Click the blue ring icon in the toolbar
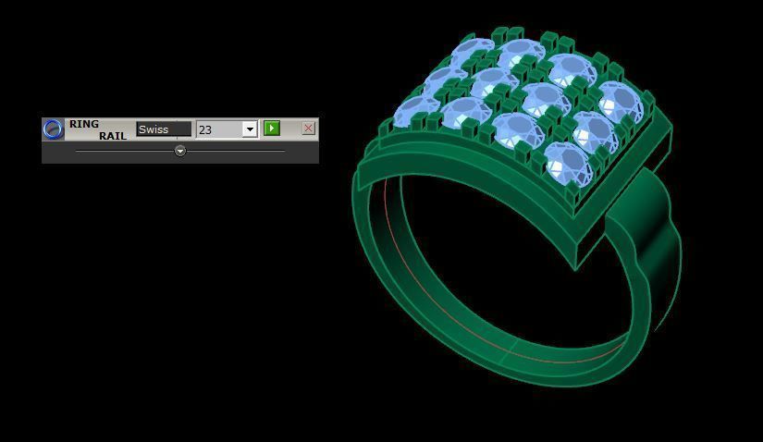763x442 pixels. click(x=53, y=129)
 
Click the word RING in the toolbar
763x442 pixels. click(x=84, y=124)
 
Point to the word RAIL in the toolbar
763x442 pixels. click(x=113, y=136)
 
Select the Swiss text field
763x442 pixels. click(x=164, y=129)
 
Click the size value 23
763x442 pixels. click(x=219, y=129)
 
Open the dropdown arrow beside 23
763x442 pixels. click(x=250, y=129)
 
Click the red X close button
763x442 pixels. click(x=308, y=129)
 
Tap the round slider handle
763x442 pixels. click(x=180, y=151)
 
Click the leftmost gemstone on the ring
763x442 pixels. click(x=413, y=113)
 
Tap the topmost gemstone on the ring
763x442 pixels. click(x=475, y=51)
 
